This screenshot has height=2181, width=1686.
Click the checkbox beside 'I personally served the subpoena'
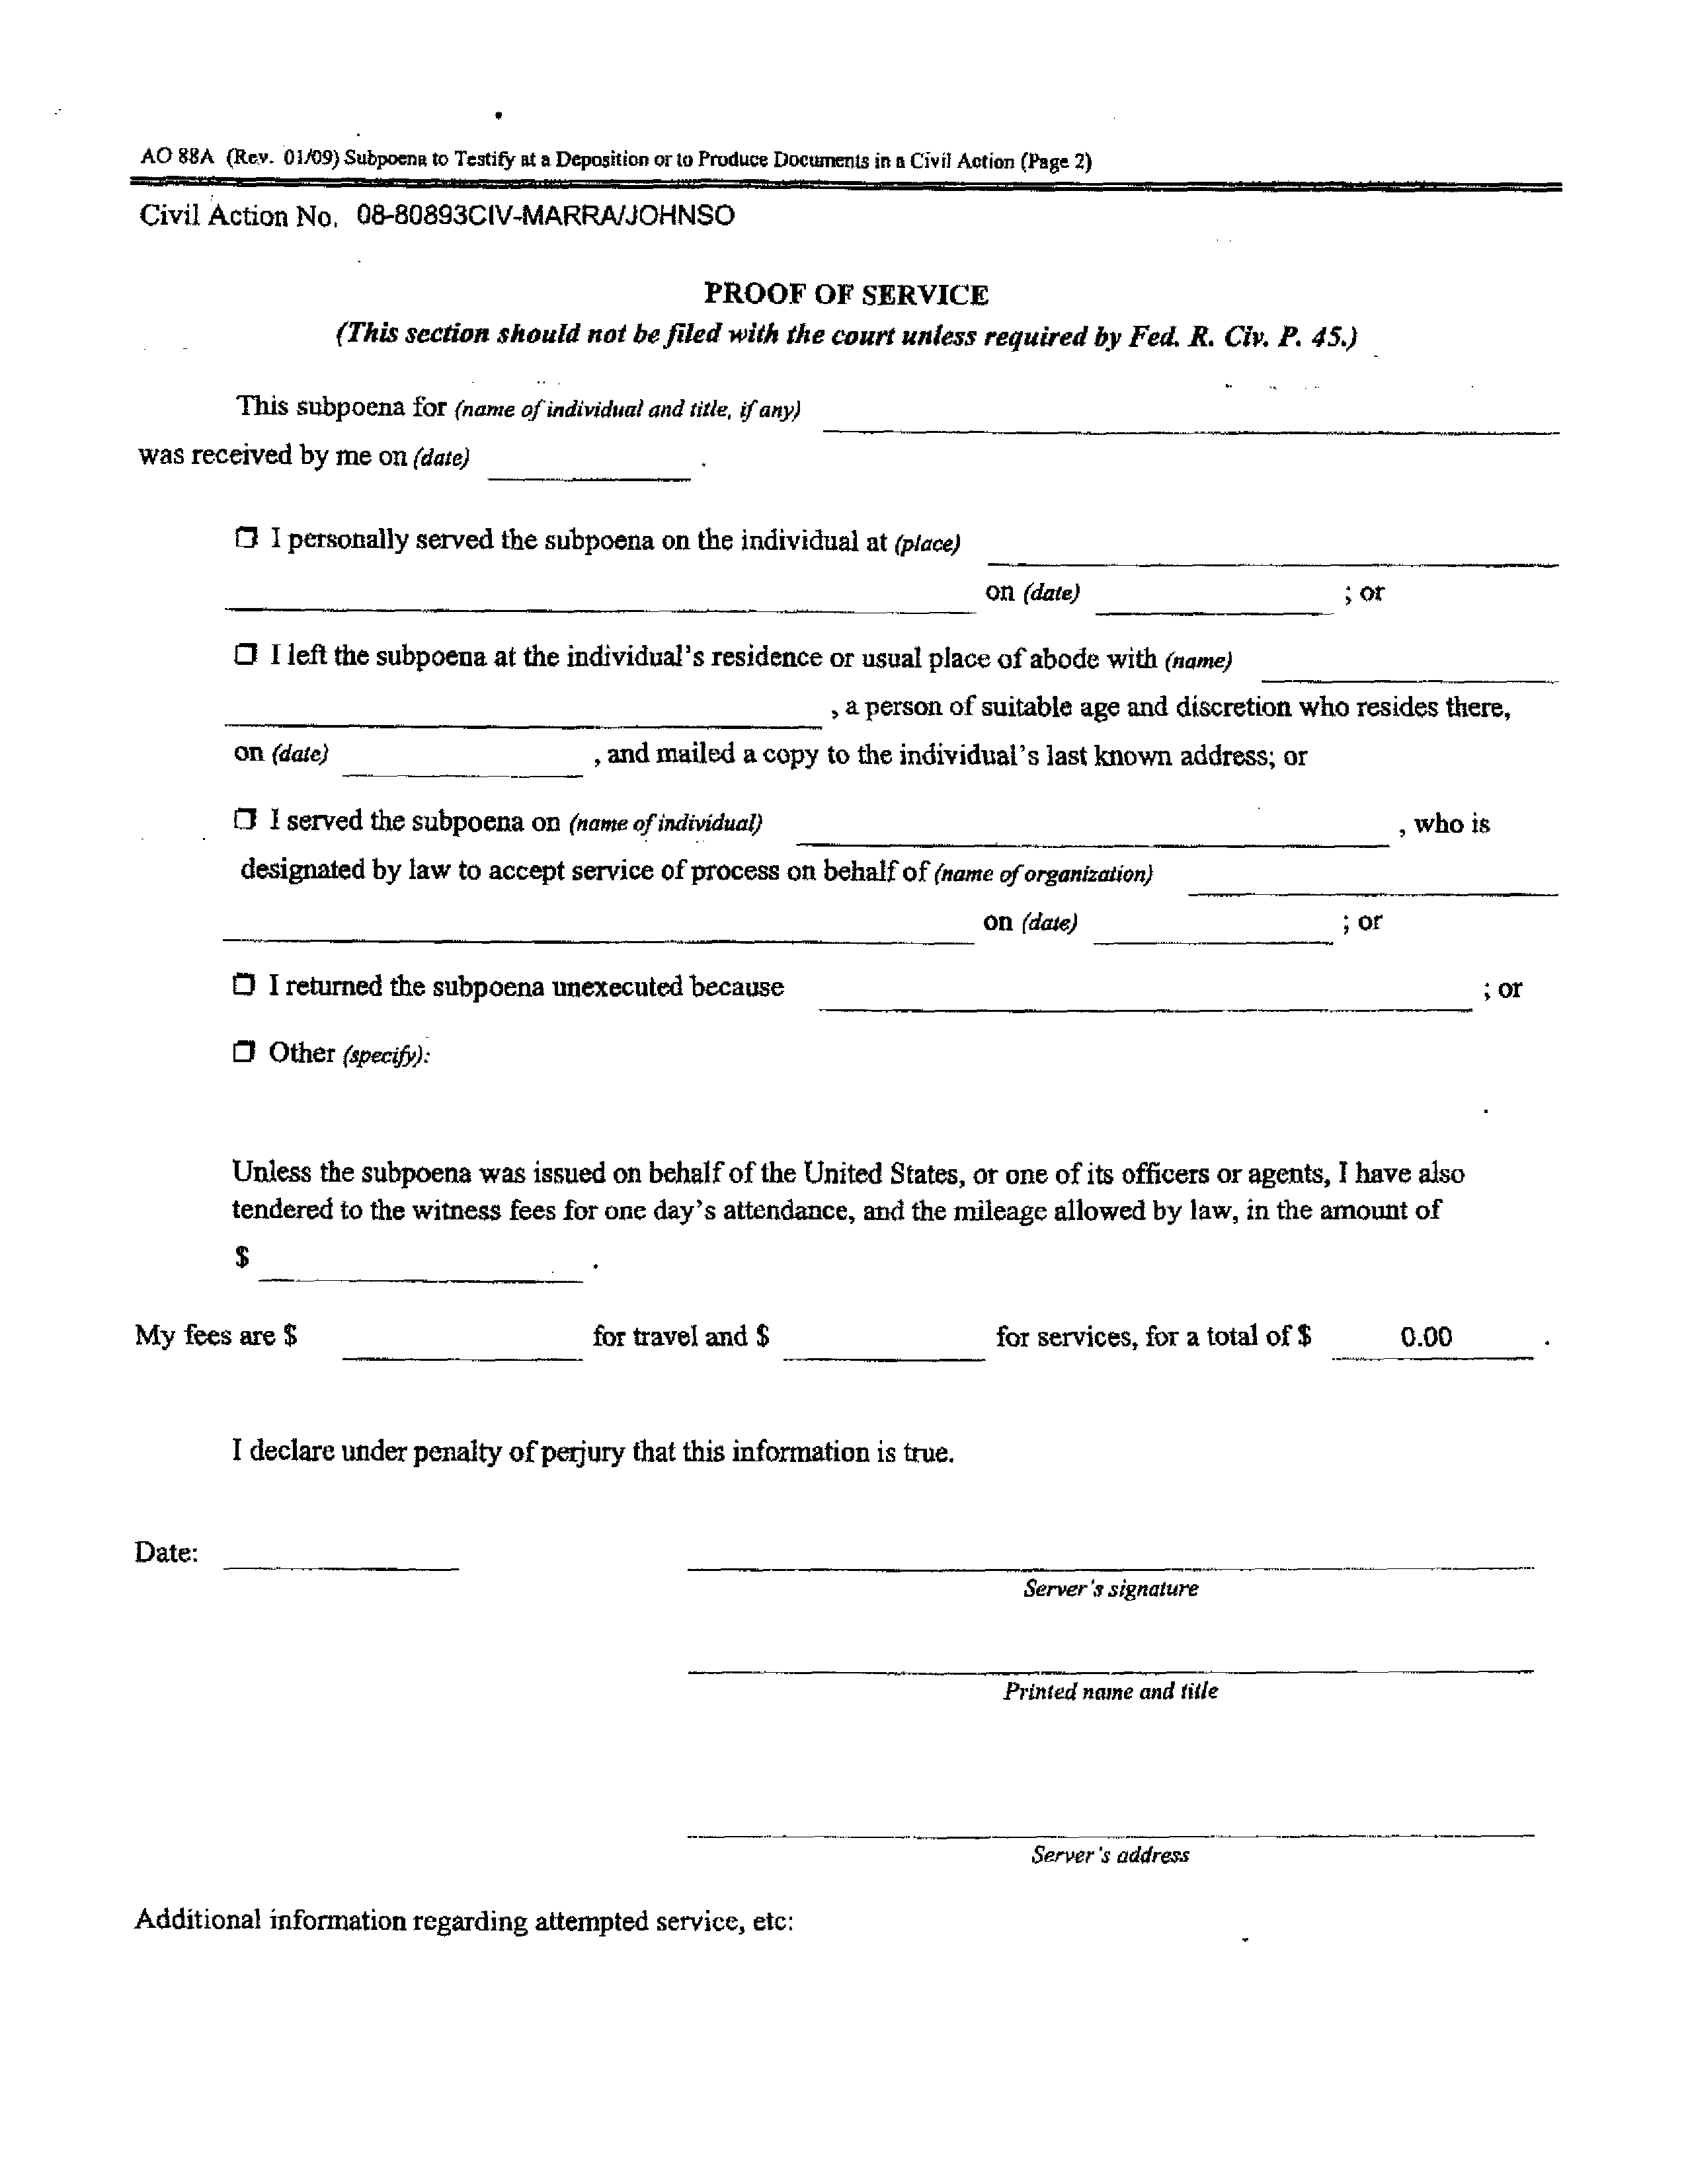[246, 539]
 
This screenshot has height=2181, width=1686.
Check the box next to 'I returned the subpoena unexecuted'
[244, 985]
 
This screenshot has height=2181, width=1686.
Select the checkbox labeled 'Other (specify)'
[244, 1052]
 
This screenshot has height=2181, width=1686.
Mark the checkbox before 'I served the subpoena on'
[245, 820]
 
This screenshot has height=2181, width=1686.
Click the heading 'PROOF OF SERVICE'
[846, 295]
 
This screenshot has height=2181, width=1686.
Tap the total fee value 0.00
[1425, 1336]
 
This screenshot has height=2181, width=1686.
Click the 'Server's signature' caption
[1109, 1589]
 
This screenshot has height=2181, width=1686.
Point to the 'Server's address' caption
[1109, 1855]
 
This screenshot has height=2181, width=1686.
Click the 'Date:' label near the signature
[167, 1553]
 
